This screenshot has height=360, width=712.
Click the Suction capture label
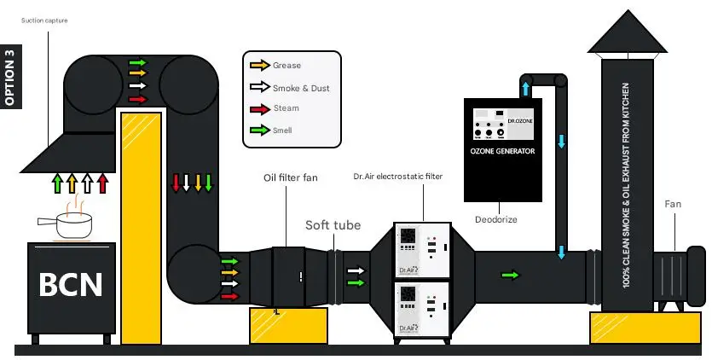43,20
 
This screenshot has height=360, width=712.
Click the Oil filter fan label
292,177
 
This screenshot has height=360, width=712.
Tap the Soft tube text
333,225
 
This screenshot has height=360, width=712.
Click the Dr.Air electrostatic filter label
397,177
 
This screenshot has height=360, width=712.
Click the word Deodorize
495,219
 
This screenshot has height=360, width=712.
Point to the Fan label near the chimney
673,204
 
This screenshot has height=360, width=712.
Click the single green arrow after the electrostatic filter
510,275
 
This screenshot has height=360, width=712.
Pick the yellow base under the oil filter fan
289,325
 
